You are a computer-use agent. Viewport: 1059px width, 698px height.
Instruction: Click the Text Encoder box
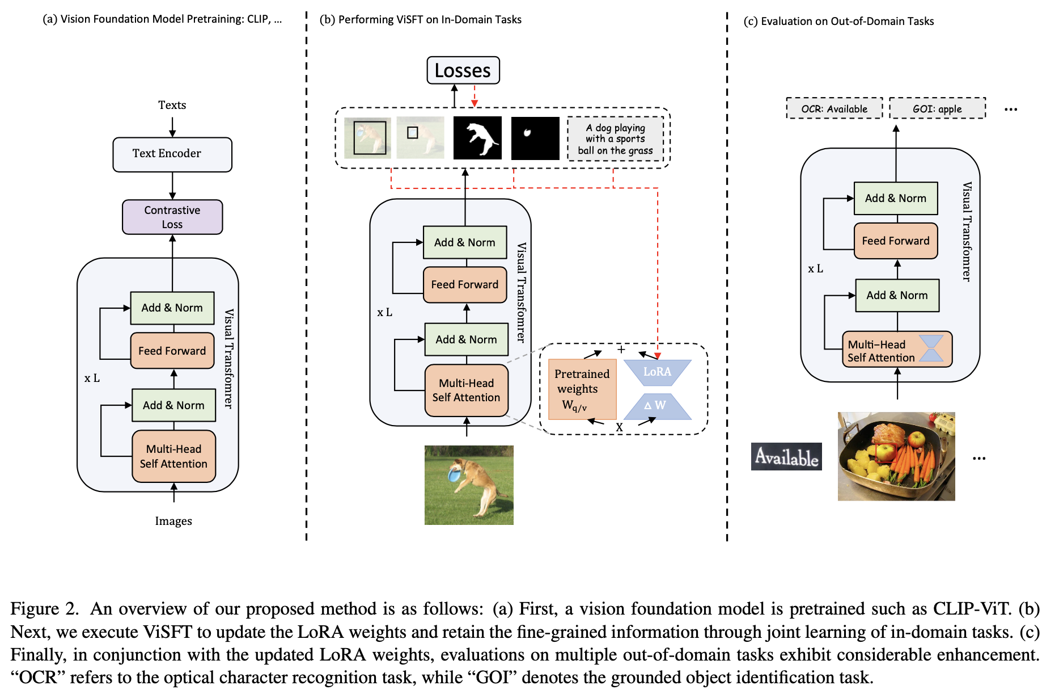(x=172, y=154)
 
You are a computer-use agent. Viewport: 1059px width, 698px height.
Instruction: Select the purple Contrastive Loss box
(x=172, y=217)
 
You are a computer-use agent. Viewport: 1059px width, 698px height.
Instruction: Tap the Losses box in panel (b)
(x=463, y=70)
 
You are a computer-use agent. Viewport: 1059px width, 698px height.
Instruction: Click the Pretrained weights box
(x=582, y=389)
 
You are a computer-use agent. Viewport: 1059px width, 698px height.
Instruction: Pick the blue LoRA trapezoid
(x=658, y=372)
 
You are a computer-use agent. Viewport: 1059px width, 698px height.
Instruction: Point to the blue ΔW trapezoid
(x=658, y=406)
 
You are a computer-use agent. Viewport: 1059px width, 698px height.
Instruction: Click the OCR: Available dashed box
(x=835, y=108)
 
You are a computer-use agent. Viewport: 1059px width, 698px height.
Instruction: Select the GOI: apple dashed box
(x=937, y=108)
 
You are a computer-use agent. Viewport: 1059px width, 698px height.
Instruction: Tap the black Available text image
(x=786, y=456)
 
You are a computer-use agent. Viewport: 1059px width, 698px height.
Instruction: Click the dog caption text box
(x=616, y=139)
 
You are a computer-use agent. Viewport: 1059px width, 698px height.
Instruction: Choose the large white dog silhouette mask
(x=477, y=138)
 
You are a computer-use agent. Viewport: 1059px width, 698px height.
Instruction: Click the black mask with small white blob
(x=535, y=138)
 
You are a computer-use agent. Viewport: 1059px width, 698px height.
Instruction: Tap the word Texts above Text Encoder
(x=172, y=105)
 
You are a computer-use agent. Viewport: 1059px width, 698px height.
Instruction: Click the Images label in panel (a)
(x=173, y=521)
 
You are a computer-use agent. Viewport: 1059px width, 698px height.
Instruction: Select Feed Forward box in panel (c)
(x=896, y=241)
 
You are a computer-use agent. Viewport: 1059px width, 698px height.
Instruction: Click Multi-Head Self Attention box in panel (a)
(x=174, y=457)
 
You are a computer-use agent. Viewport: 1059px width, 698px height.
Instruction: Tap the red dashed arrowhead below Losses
(x=475, y=103)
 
